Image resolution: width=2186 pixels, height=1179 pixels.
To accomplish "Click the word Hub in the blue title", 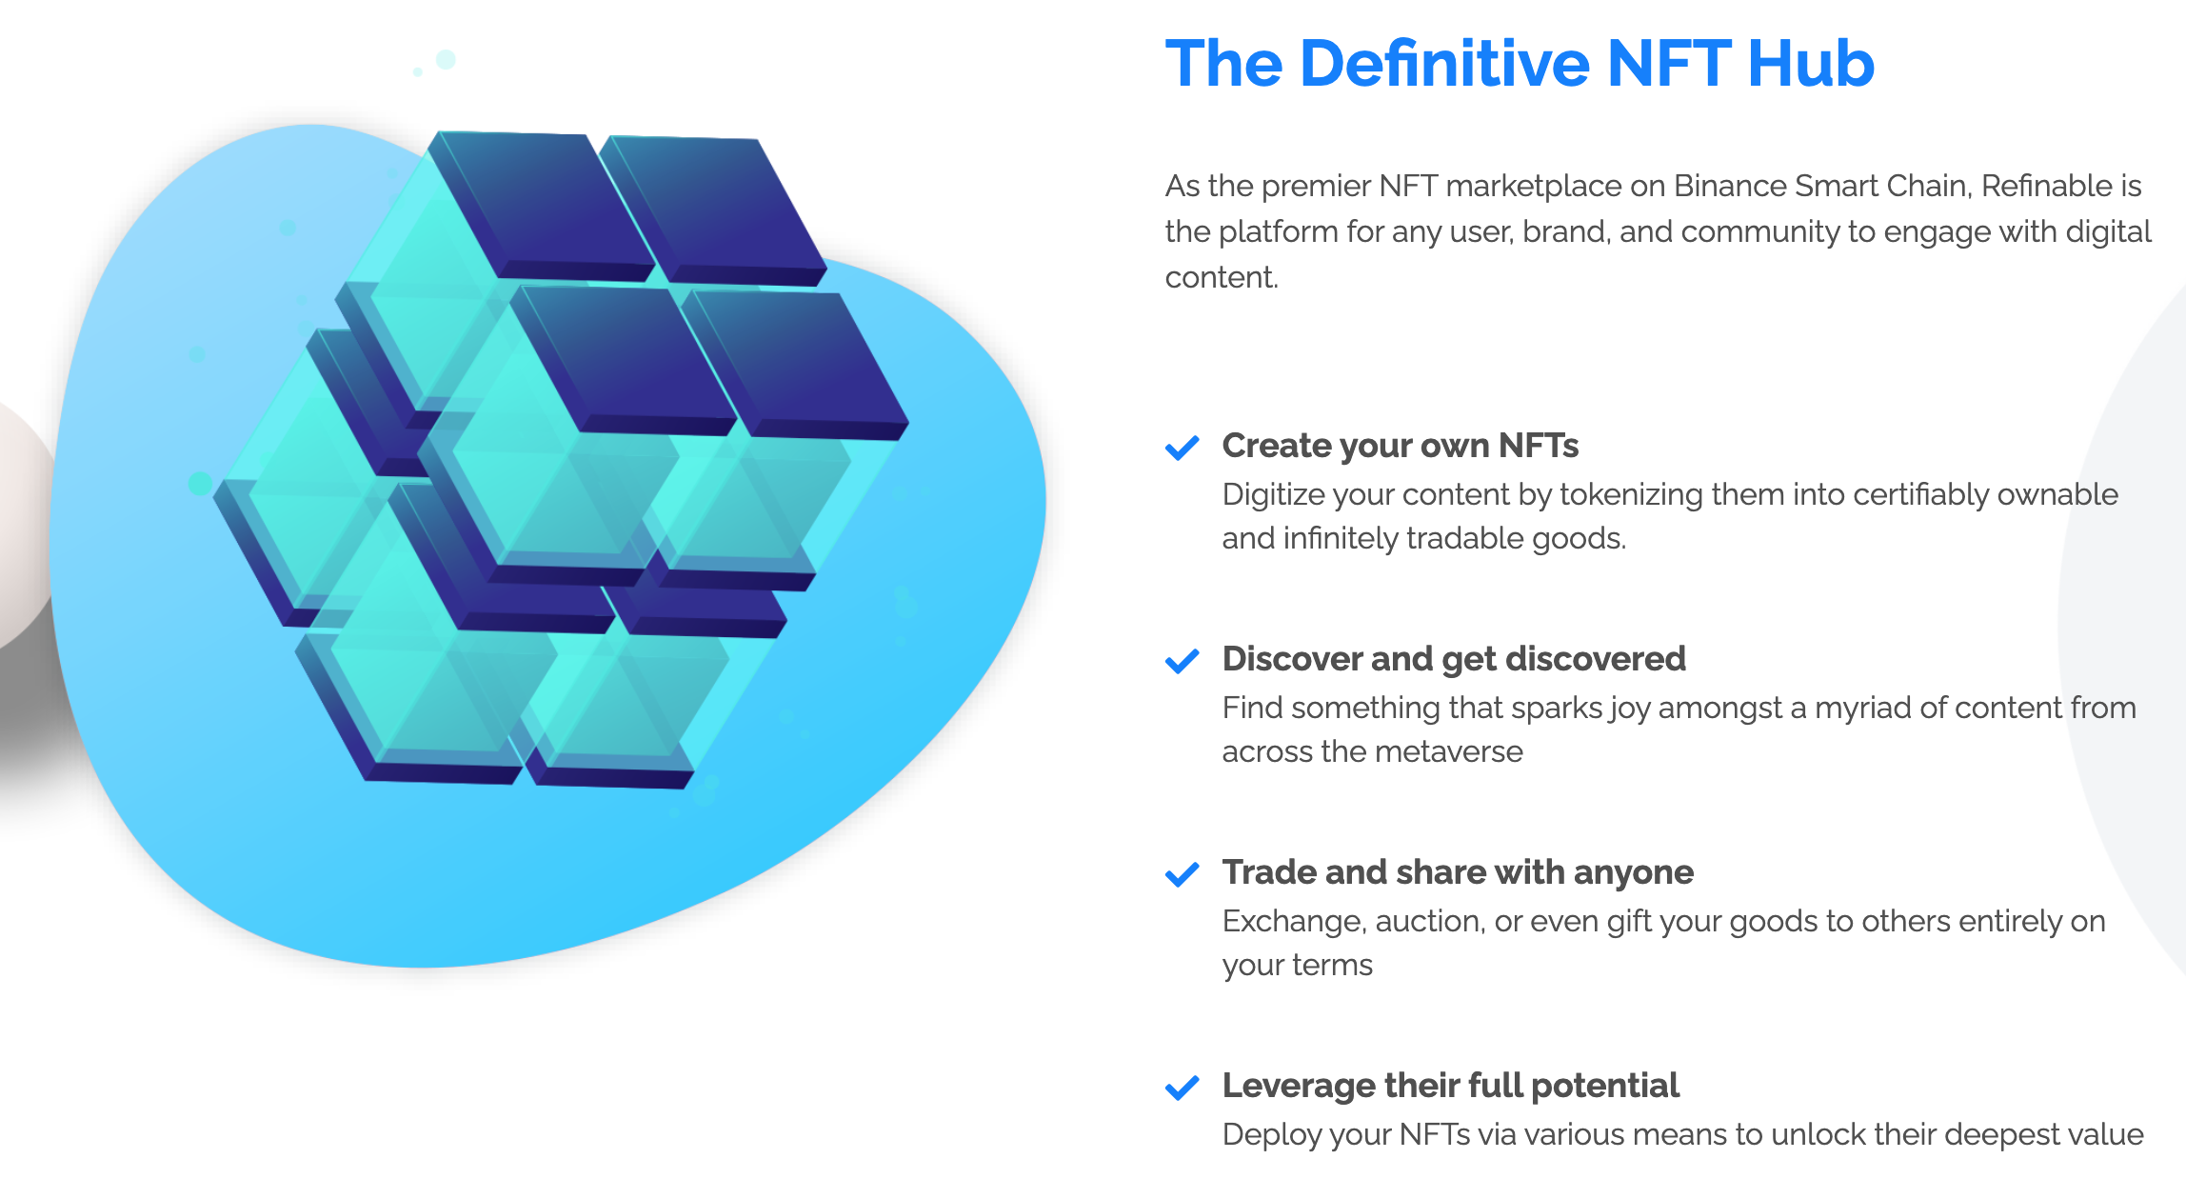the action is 1811,64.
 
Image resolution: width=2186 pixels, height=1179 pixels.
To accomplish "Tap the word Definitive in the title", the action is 1445,64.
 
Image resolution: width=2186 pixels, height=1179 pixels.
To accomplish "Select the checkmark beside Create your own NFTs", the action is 1182,448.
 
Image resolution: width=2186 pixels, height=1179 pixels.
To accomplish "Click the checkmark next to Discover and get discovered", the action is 1182,661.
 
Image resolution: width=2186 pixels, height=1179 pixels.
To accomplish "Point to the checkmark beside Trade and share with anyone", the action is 1182,874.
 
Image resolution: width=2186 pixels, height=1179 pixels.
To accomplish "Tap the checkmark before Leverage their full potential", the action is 1182,1088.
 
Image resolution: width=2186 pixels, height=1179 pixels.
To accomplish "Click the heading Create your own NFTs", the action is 1401,446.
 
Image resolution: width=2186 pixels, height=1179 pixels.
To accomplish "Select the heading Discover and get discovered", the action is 1454,659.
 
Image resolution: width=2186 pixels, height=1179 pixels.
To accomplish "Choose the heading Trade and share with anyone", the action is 1458,872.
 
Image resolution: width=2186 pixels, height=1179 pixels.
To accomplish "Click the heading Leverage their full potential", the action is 1451,1086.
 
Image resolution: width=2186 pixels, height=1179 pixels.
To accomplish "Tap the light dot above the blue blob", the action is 445,59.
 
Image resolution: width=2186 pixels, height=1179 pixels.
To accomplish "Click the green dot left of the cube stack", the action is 200,483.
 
